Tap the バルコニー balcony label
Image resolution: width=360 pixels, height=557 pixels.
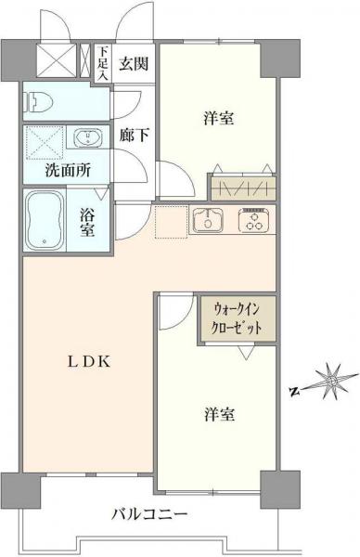tap(149, 513)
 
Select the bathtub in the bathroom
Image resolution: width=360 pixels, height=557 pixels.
tap(46, 220)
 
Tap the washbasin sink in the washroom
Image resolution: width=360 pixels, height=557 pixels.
tap(89, 139)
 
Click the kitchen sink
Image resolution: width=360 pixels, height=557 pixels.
tap(208, 221)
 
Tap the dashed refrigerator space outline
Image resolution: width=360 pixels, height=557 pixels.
tap(171, 223)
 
